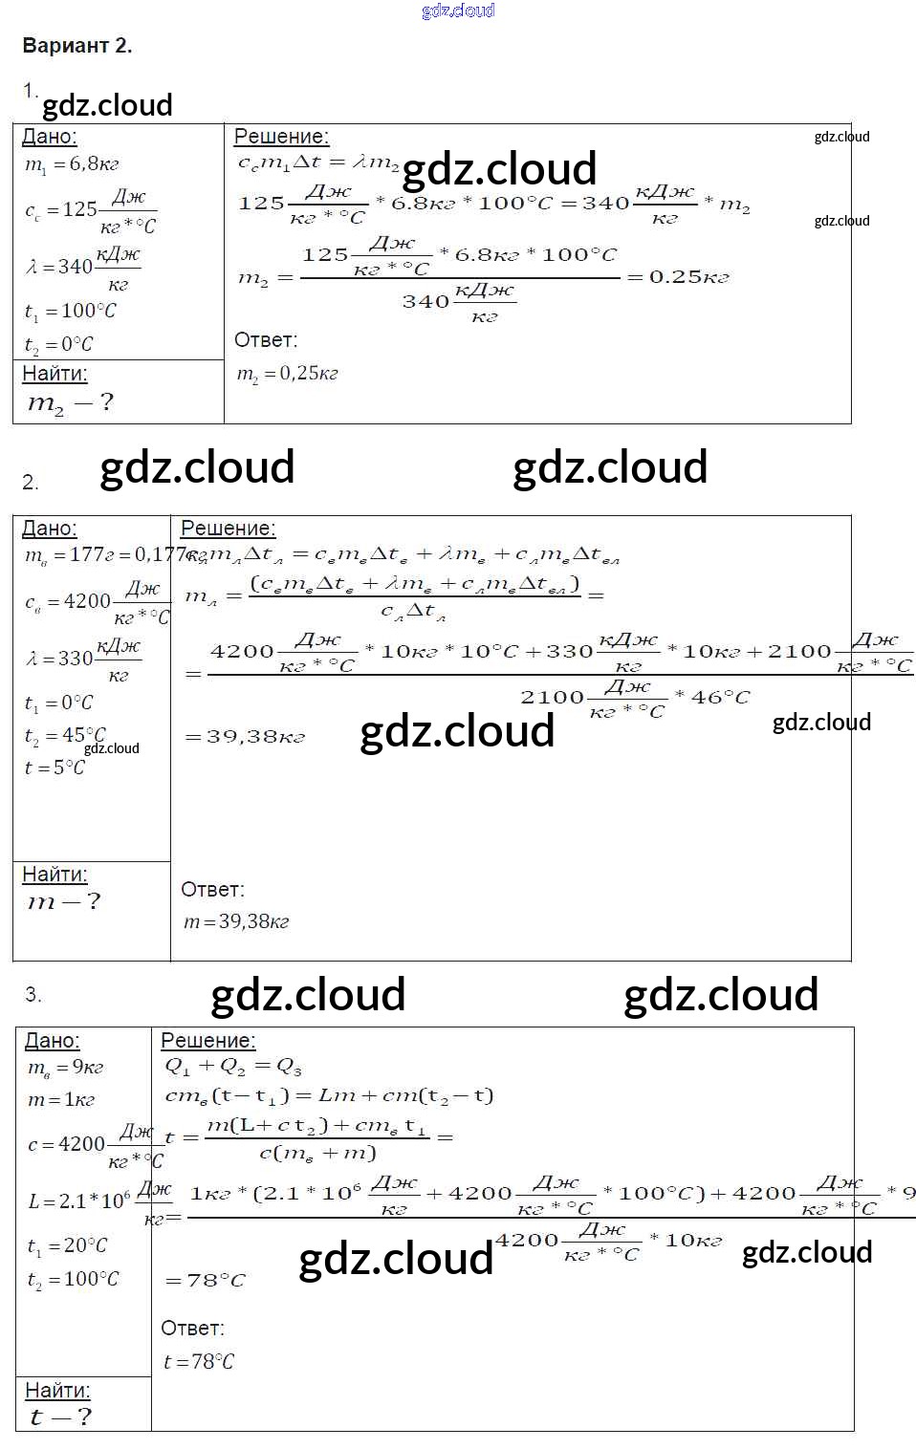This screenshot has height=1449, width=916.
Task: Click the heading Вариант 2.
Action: click(76, 46)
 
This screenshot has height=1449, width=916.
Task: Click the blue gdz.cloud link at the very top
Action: click(458, 11)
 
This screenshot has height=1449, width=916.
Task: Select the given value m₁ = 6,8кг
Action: click(72, 164)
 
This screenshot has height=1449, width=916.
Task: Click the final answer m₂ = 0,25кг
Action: click(287, 374)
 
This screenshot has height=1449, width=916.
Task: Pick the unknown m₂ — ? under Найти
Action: click(70, 403)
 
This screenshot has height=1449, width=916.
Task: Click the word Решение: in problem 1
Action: click(281, 137)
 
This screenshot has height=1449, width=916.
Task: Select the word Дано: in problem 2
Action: click(49, 529)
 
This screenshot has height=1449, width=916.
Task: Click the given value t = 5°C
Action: click(54, 768)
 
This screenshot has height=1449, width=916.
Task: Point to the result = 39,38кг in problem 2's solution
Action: click(244, 737)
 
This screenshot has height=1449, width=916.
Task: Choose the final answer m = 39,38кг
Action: click(236, 922)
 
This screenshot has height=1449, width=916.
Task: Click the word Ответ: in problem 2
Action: click(212, 890)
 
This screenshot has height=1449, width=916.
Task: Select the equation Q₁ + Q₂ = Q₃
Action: click(233, 1067)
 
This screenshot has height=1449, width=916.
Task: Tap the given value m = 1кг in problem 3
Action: click(61, 1100)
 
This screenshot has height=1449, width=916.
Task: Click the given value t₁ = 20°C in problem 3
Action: click(67, 1246)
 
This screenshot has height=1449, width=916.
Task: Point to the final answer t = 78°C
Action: click(198, 1362)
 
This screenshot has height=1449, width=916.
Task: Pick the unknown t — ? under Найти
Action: click(60, 1417)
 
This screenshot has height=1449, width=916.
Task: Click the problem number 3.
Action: click(33, 995)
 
